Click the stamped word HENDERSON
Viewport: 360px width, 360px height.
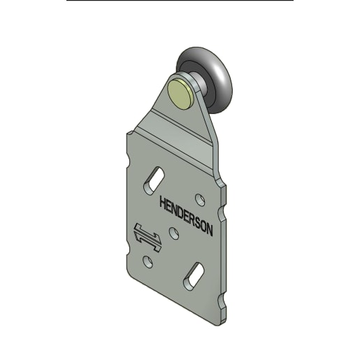coord(186,215)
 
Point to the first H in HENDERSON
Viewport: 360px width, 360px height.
coord(163,203)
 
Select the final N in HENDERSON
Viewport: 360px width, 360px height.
coord(209,230)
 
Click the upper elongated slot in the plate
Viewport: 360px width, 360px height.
coord(154,180)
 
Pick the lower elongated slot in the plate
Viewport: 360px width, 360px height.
coord(194,276)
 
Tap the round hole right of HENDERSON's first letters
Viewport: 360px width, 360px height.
coord(200,200)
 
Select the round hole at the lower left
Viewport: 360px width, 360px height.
coord(147,261)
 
